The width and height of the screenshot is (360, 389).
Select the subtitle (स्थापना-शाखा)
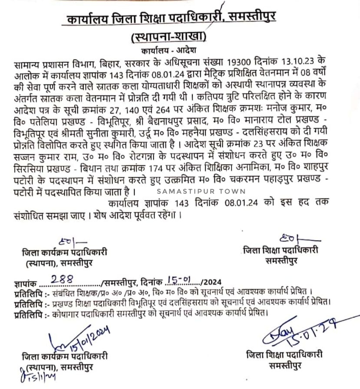(x=169, y=36)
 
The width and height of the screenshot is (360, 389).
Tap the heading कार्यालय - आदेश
(x=168, y=50)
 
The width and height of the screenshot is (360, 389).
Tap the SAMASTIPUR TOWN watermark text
(x=201, y=191)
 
